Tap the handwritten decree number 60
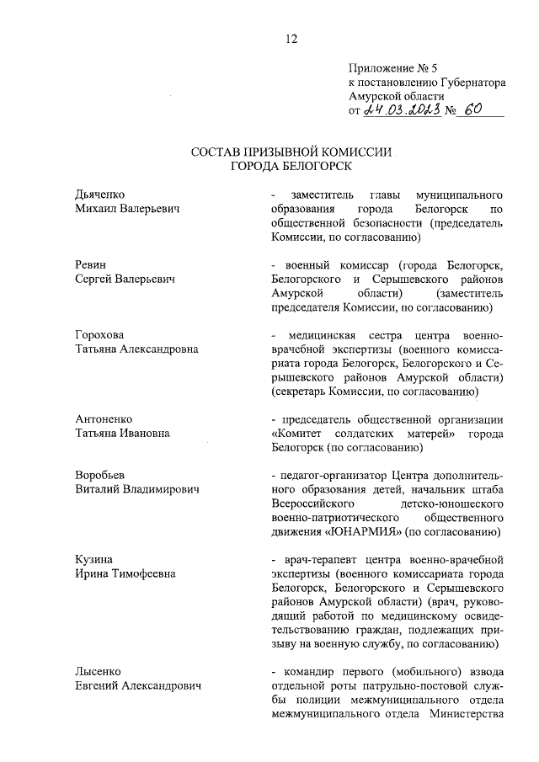[x=476, y=109]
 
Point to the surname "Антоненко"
[x=104, y=419]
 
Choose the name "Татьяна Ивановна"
[x=122, y=434]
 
